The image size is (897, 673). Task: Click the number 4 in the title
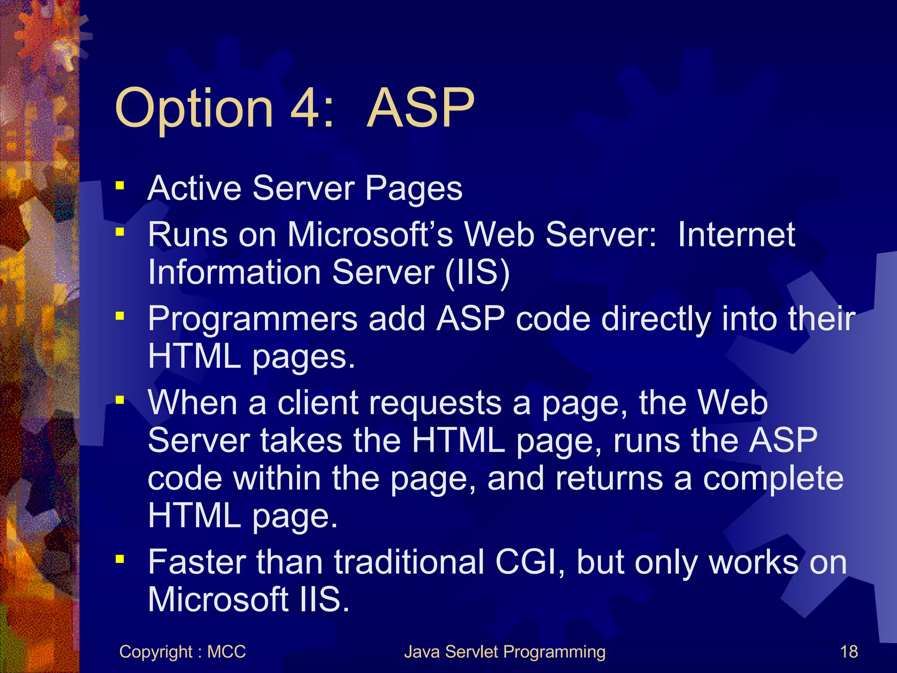point(305,108)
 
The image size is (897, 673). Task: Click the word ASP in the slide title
point(420,108)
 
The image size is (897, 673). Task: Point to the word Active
point(194,188)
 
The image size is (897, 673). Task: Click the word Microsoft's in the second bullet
point(370,235)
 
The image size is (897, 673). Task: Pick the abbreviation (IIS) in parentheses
point(477,273)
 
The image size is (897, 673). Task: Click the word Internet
point(736,235)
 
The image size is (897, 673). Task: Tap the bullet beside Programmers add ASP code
point(120,315)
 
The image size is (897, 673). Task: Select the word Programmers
point(252,319)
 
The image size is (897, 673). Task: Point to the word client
point(318,403)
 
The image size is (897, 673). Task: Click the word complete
point(773,478)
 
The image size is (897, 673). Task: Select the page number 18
point(849,652)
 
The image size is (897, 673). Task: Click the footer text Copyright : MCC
point(182,652)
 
